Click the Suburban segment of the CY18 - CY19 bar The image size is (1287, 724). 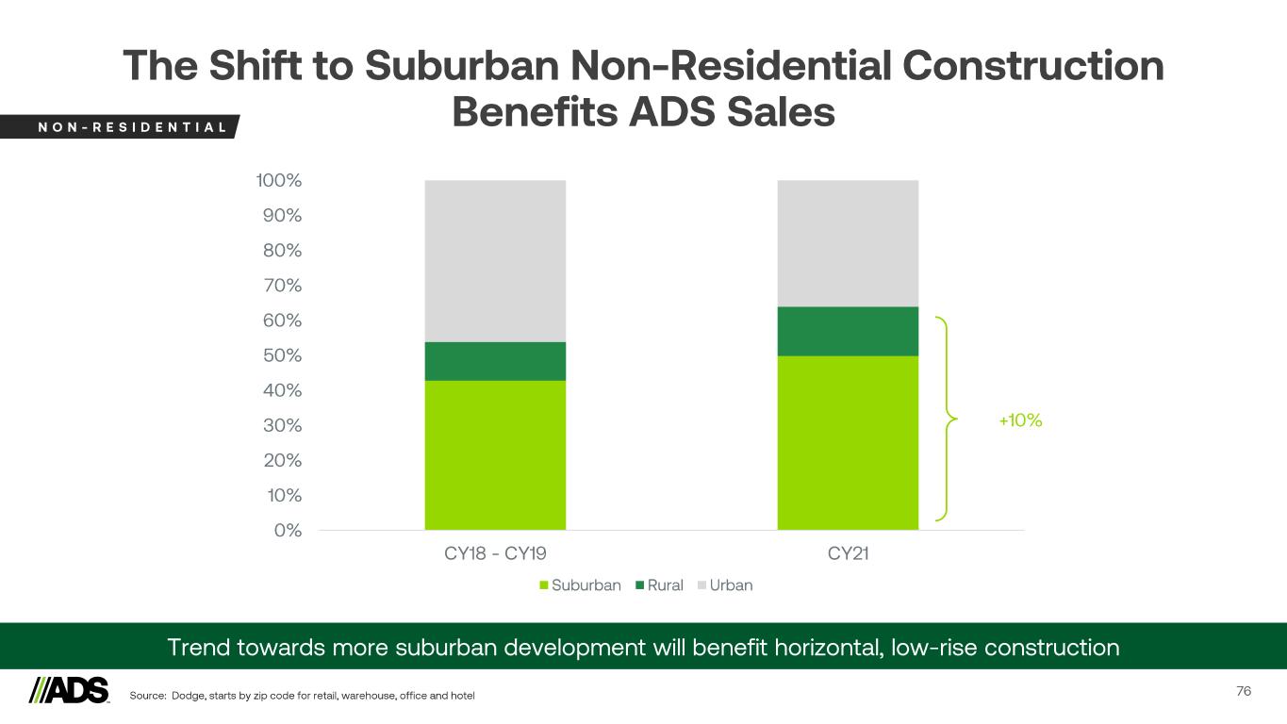click(495, 454)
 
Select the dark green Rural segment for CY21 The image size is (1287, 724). click(848, 331)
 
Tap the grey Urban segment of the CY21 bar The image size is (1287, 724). click(848, 243)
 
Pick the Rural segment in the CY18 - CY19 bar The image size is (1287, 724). click(495, 361)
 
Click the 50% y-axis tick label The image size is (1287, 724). click(281, 355)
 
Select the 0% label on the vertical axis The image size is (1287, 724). click(288, 530)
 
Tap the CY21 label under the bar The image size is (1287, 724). click(848, 554)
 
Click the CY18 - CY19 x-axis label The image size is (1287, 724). click(495, 554)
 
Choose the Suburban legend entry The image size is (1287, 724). click(580, 585)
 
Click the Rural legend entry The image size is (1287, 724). click(659, 585)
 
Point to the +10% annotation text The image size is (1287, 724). click(1020, 420)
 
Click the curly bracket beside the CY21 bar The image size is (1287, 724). click(945, 419)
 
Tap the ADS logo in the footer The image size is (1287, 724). click(69, 690)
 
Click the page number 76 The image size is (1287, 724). click(1244, 691)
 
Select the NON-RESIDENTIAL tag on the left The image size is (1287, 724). click(118, 126)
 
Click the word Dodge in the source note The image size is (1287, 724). click(189, 696)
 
